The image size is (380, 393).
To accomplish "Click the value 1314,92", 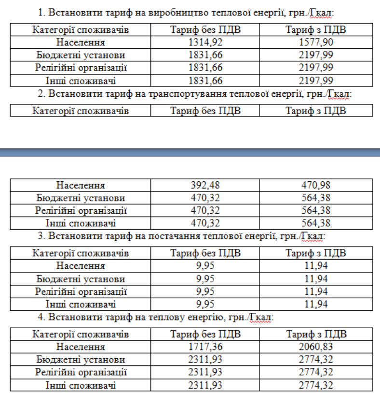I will (x=205, y=43).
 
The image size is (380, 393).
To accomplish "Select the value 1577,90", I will (x=316, y=43).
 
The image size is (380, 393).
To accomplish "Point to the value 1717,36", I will (x=205, y=347).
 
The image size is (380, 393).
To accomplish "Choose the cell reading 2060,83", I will (x=316, y=347).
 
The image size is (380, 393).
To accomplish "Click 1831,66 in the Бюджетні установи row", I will (x=205, y=55).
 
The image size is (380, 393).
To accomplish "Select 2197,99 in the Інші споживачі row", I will (x=316, y=81).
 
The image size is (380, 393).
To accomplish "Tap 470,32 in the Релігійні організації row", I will (x=205, y=211).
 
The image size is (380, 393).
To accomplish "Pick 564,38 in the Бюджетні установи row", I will (x=316, y=198).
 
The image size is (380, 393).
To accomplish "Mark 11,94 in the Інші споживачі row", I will (x=316, y=305).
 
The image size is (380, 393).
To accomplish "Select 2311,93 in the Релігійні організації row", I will (x=205, y=373).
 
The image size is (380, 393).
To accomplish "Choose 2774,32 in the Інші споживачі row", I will (x=316, y=385).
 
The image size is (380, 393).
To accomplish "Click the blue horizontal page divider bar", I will (x=190, y=153).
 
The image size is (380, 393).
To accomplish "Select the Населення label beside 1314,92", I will (x=81, y=43).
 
